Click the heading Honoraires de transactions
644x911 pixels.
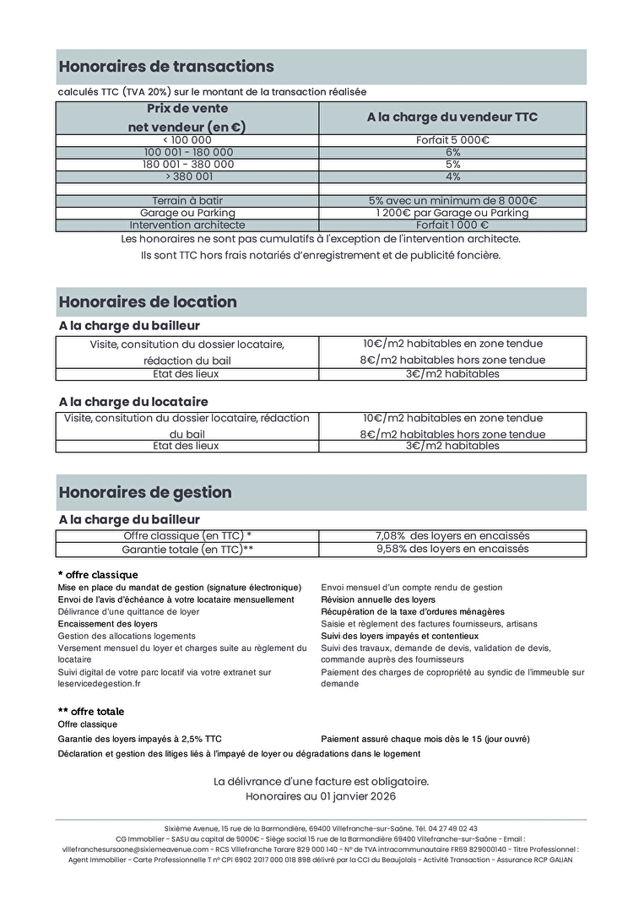[x=166, y=67]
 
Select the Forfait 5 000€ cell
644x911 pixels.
[x=452, y=140]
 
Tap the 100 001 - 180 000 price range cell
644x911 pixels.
[x=188, y=152]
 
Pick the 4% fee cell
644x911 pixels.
[x=452, y=176]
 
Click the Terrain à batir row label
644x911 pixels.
[x=187, y=201]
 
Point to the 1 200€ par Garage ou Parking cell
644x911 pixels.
[x=452, y=213]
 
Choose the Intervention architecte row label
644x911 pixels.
[x=187, y=225]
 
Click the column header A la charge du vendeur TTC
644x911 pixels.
[x=452, y=117]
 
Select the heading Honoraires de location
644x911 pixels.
[x=148, y=302]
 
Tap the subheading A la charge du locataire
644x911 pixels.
[x=133, y=402]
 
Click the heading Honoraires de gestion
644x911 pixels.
[x=145, y=492]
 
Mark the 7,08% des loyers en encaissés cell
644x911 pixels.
[x=452, y=535]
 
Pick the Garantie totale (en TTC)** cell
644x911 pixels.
[x=187, y=549]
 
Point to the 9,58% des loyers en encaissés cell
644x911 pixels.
[x=452, y=549]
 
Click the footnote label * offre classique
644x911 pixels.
[x=98, y=575]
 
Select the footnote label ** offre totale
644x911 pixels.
[x=91, y=712]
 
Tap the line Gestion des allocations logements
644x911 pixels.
[x=127, y=636]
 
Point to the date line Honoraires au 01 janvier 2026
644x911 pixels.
[x=321, y=796]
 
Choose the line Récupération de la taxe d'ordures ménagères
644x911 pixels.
[x=413, y=611]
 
